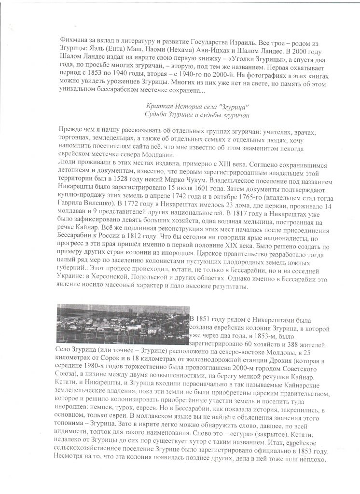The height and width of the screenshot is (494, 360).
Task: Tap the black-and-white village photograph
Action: (123, 323)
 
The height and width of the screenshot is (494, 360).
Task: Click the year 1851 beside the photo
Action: (208, 319)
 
